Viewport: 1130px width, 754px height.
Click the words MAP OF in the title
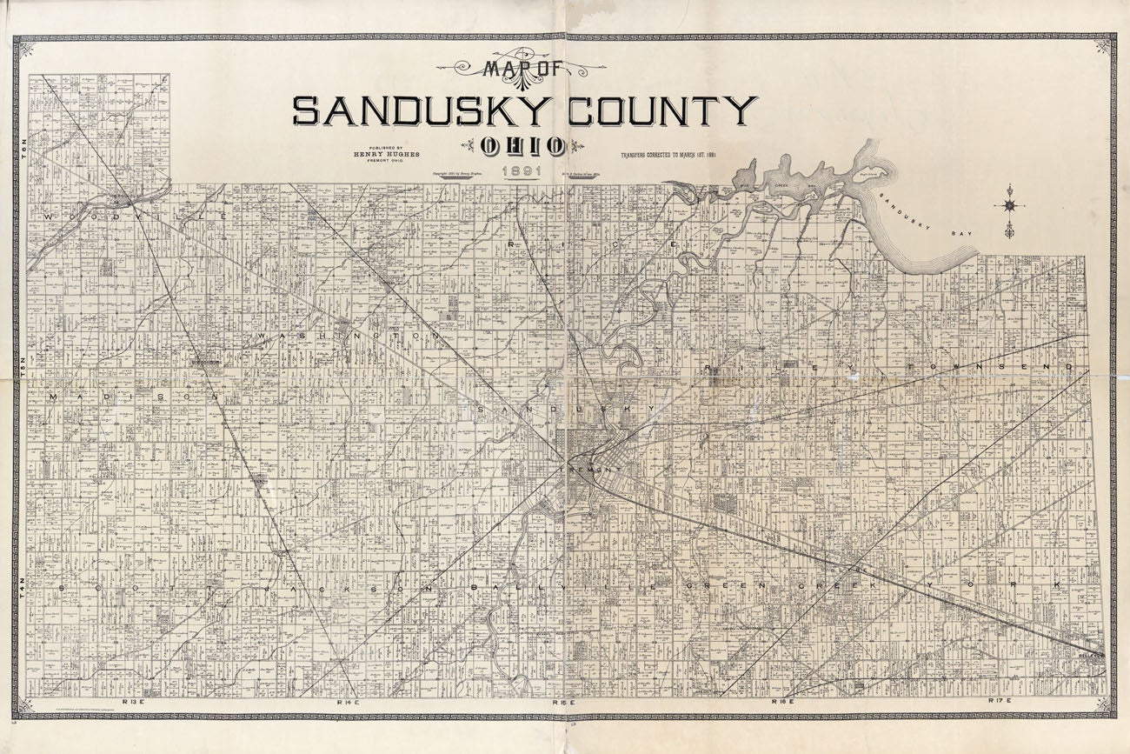pos(521,69)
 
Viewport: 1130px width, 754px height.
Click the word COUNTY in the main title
pos(662,111)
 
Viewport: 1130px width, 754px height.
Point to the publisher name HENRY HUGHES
pos(386,154)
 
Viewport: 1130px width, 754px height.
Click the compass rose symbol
pos(1009,206)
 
